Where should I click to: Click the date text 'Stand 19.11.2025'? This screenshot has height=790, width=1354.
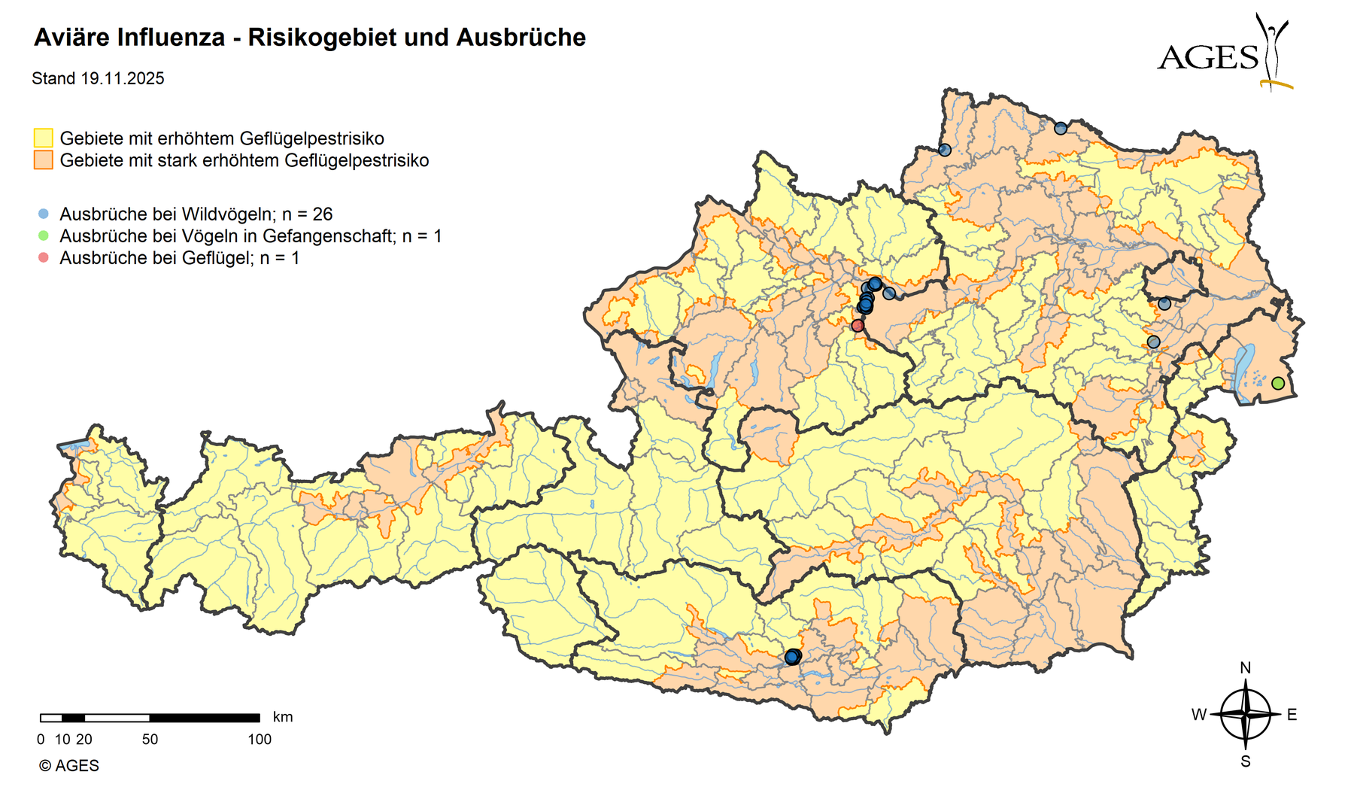[98, 79]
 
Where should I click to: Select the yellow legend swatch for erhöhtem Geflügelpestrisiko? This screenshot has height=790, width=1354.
[44, 138]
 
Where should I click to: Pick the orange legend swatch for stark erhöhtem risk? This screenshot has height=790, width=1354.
[44, 160]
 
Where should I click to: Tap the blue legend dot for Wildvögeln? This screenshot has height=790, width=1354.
[43, 214]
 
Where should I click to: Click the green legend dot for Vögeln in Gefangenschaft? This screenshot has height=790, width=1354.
[43, 235]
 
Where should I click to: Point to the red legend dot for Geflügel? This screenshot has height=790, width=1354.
[43, 257]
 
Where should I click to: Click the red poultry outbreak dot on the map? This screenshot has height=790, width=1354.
[858, 326]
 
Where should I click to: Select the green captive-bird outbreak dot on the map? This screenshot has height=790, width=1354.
[1278, 384]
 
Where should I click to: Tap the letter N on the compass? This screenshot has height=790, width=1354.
[1245, 668]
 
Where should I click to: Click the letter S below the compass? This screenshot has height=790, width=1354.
[1246, 761]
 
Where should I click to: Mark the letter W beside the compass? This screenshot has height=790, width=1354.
[1199, 715]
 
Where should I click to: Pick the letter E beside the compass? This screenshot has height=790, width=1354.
[1292, 715]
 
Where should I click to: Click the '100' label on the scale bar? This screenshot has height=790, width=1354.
[260, 740]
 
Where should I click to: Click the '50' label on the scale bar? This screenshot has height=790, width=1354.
[150, 740]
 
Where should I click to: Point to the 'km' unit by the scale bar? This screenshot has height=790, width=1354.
[283, 717]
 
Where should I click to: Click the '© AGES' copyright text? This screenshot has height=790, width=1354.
[68, 766]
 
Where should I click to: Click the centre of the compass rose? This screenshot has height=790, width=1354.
[1246, 715]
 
